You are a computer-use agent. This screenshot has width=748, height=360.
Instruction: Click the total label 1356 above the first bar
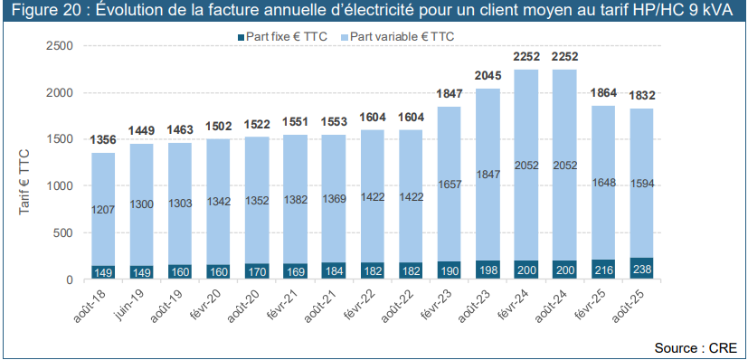pyautogui.click(x=103, y=140)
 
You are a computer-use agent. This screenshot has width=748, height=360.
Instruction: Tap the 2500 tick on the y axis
pyautogui.click(x=59, y=45)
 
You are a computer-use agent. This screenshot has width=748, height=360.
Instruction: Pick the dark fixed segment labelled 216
pyautogui.click(x=603, y=270)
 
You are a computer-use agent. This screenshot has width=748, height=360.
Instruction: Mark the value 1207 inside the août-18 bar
pyautogui.click(x=103, y=210)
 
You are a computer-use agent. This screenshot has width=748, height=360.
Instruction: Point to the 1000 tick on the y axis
pyautogui.click(x=59, y=185)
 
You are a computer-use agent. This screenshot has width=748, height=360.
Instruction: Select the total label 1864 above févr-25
pyautogui.click(x=603, y=93)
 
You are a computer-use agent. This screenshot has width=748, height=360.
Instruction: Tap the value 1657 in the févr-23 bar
pyautogui.click(x=450, y=184)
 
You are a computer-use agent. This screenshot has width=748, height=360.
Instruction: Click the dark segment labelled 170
pyautogui.click(x=257, y=270)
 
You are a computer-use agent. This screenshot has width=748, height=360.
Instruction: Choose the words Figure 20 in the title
pyautogui.click(x=41, y=11)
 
